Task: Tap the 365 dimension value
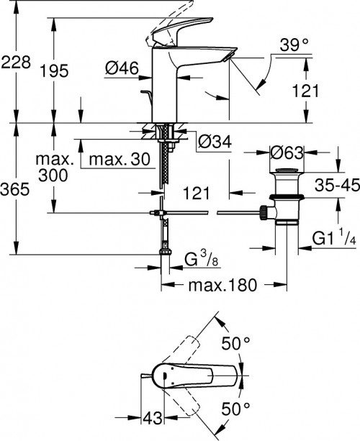tap(15, 190)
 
